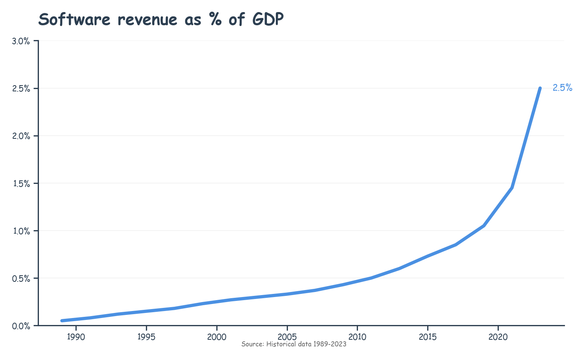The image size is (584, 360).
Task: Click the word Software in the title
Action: [x=74, y=19]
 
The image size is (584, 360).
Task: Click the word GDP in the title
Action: [x=268, y=19]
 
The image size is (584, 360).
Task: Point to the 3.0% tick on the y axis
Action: [x=21, y=41]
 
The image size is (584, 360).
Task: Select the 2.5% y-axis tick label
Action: [x=21, y=89]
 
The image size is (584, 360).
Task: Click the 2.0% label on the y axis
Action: [x=21, y=136]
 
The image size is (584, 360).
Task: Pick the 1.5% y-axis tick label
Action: [x=21, y=183]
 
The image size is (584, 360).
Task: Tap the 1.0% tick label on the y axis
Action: [x=21, y=231]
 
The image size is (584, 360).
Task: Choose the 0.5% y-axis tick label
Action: [x=21, y=278]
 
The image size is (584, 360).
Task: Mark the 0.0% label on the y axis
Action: [x=21, y=326]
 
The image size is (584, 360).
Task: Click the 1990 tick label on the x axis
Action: [x=76, y=337]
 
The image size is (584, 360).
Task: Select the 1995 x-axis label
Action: [x=146, y=337]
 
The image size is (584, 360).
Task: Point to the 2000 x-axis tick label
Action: [x=217, y=337]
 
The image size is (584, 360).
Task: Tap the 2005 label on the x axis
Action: [x=287, y=337]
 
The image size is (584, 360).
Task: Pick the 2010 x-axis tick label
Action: [x=357, y=337]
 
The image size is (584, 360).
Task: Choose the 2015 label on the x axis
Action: [x=428, y=337]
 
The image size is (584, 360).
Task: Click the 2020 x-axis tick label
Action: [x=498, y=337]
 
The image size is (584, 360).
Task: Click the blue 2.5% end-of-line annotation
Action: [x=562, y=88]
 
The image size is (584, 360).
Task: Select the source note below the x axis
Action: [x=294, y=344]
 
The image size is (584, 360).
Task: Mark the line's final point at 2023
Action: [x=540, y=89]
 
